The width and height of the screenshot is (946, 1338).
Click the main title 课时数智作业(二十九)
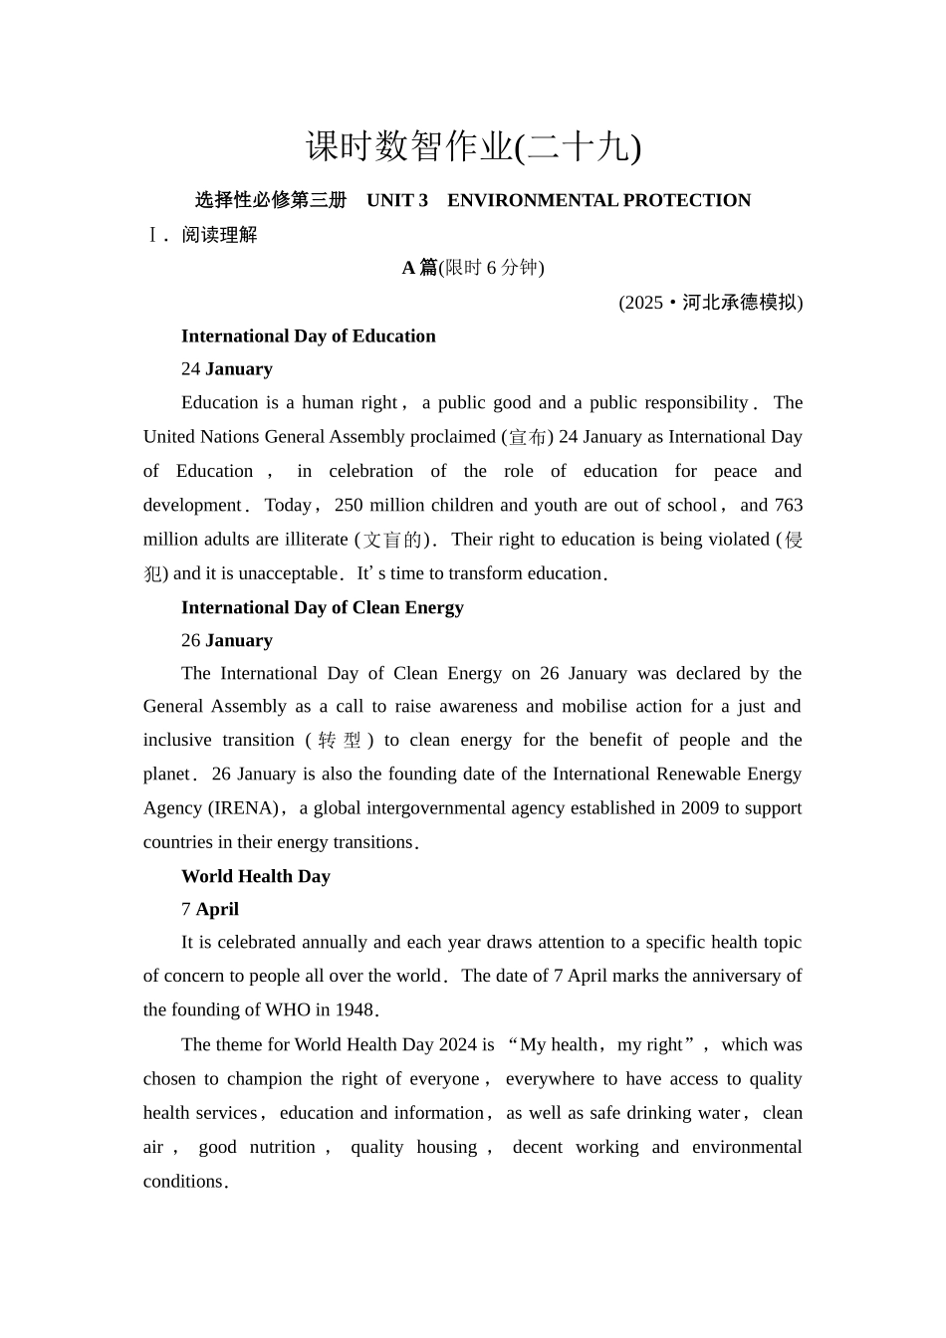(473, 147)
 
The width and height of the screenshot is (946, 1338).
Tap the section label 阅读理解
(219, 235)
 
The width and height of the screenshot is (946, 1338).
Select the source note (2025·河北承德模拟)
(710, 303)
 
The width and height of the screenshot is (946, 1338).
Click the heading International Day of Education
(308, 336)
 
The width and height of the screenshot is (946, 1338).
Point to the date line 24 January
(226, 369)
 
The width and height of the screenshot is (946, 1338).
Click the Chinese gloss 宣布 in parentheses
(525, 437)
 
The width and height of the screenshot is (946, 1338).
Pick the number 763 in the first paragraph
(788, 505)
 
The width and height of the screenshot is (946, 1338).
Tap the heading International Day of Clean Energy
(322, 607)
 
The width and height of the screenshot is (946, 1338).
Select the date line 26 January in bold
(226, 640)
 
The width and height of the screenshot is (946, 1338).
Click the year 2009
(699, 807)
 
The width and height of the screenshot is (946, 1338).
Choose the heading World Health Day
(255, 876)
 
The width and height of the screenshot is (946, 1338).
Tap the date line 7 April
(209, 909)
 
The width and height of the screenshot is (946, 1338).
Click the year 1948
(354, 1009)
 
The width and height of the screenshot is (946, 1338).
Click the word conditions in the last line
(183, 1182)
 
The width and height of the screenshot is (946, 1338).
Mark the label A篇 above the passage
(419, 267)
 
